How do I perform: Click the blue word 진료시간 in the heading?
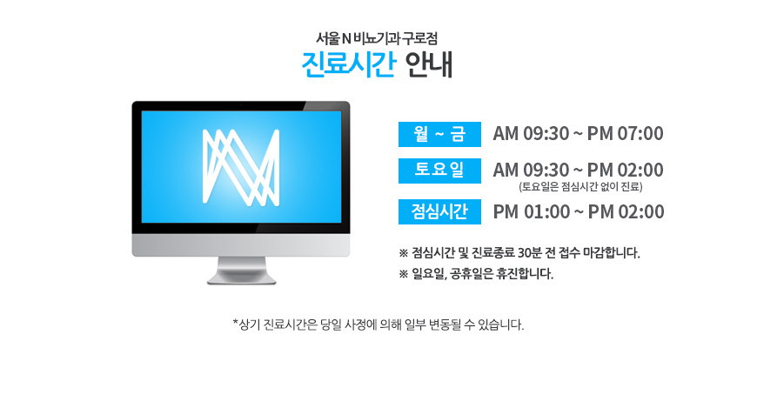point(349,64)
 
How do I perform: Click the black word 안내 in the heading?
point(429,64)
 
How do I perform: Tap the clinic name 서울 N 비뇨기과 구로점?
point(377,38)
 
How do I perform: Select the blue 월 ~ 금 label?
point(439,134)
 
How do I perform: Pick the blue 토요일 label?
point(439,171)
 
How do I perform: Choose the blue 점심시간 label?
point(439,211)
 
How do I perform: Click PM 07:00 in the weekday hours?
point(626,134)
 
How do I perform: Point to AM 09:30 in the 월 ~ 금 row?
point(531,134)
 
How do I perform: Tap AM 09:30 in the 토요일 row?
point(531,170)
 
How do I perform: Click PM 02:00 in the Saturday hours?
point(626,170)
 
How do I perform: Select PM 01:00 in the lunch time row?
point(532,212)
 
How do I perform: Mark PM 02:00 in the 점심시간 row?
point(626,212)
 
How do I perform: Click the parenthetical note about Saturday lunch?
point(580,186)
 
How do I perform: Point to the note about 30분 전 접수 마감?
point(519,252)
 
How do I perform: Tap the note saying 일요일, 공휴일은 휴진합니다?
point(476,274)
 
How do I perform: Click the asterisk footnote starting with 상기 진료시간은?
point(378,325)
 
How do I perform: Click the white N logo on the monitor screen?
point(241,167)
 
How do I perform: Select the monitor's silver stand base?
point(241,278)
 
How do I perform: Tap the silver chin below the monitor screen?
point(241,245)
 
